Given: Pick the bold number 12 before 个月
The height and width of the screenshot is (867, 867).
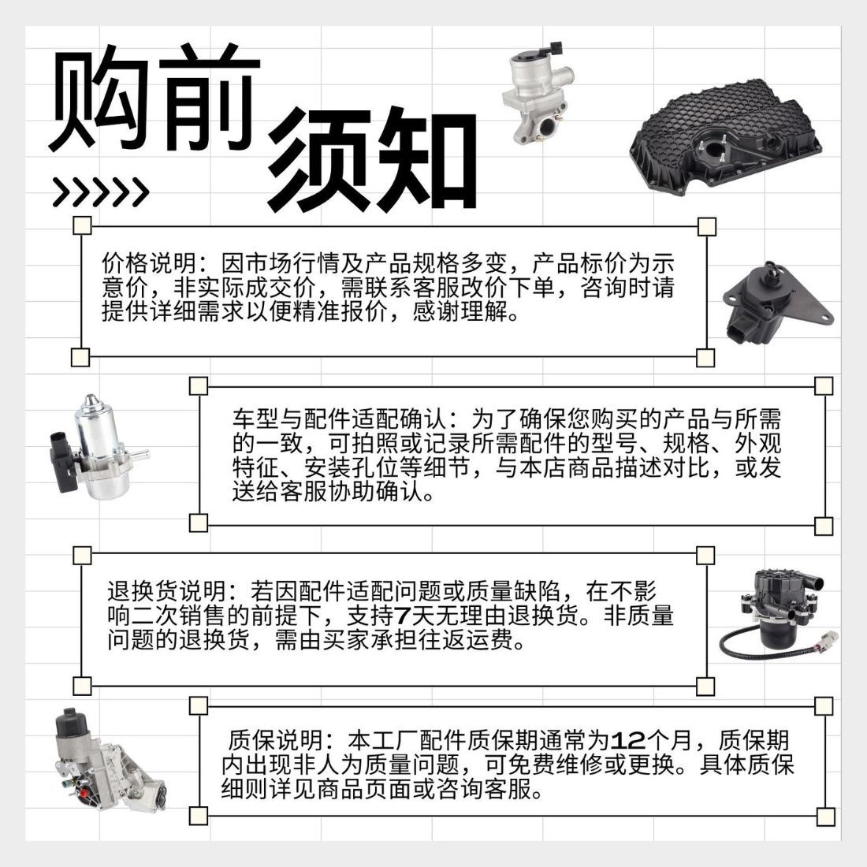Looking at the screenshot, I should [x=628, y=741].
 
